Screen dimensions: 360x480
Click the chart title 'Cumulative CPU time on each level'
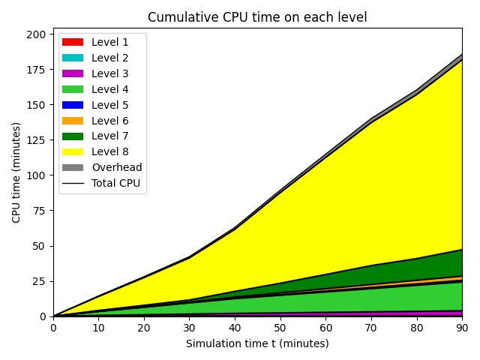click(x=257, y=17)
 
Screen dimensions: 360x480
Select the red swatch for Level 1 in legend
click(x=73, y=42)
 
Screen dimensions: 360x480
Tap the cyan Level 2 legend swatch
click(x=73, y=58)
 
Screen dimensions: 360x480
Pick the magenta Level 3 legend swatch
click(x=73, y=73)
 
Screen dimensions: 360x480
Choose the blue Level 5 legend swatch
click(x=73, y=105)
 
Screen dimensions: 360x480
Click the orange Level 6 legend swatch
click(x=73, y=121)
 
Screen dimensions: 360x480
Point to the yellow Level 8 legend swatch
click(x=73, y=151)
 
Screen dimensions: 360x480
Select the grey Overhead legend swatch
click(x=73, y=167)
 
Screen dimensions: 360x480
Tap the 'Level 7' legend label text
click(x=110, y=136)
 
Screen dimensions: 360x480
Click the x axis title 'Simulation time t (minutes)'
click(x=257, y=343)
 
